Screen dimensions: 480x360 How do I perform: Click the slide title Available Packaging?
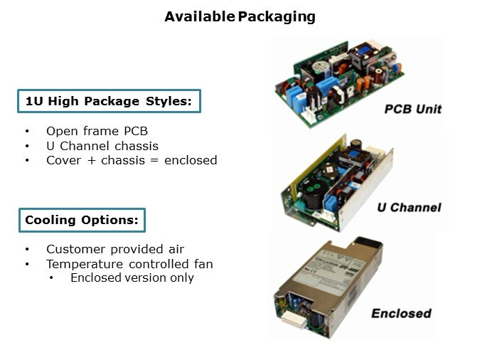pos(240,17)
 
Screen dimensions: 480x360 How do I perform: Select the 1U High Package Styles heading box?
pos(109,101)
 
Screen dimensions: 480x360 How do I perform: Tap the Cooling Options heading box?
pos(82,220)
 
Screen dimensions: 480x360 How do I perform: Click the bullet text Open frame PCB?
pos(97,131)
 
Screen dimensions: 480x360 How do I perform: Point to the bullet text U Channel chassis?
pos(102,146)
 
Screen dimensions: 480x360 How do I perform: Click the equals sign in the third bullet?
pos(154,160)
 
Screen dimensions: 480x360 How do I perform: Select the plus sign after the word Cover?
pos(91,161)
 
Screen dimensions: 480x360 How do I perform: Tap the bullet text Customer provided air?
pos(115,250)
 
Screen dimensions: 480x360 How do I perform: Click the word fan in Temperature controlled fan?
pos(203,264)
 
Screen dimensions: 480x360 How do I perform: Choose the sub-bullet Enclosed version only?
pos(132,278)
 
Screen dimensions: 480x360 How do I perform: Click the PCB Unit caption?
pos(412,109)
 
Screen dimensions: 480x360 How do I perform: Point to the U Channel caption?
pos(409,208)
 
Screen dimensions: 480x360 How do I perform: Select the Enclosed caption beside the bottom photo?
pos(401,314)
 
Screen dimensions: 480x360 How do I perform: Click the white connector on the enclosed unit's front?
pos(294,319)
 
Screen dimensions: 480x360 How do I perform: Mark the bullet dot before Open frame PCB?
pos(27,132)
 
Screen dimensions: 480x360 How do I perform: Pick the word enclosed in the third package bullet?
pos(191,160)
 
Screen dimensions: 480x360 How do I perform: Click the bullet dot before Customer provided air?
pos(27,250)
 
